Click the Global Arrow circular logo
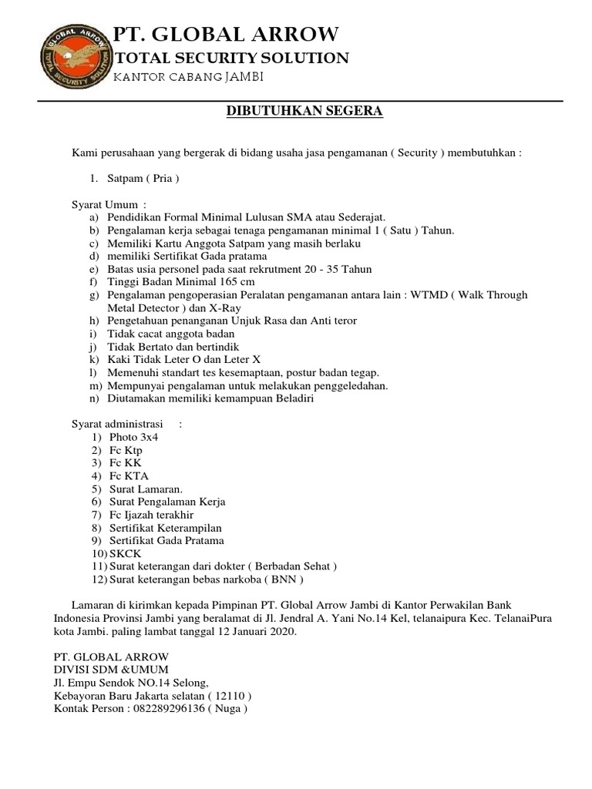(73, 57)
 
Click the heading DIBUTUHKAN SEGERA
(304, 112)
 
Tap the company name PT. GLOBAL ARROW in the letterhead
(226, 35)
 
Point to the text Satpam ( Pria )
(143, 179)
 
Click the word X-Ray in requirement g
(226, 307)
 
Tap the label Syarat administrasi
(113, 424)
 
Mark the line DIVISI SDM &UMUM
(110, 670)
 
